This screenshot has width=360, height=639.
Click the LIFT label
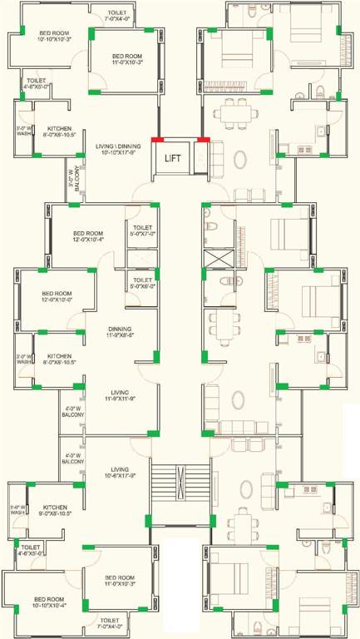tap(173, 157)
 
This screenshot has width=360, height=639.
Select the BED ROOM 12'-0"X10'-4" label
tap(87, 236)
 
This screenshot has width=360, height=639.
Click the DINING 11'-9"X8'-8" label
tap(121, 331)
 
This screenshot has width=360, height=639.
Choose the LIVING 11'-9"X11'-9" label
tap(121, 394)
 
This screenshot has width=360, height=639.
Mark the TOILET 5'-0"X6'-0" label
tap(142, 283)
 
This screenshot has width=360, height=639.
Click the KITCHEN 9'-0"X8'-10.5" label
tap(55, 510)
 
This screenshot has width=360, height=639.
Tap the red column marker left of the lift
tap(157, 140)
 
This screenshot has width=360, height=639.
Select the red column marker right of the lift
tap(203, 140)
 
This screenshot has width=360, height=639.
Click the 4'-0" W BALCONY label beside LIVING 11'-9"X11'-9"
tap(72, 412)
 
